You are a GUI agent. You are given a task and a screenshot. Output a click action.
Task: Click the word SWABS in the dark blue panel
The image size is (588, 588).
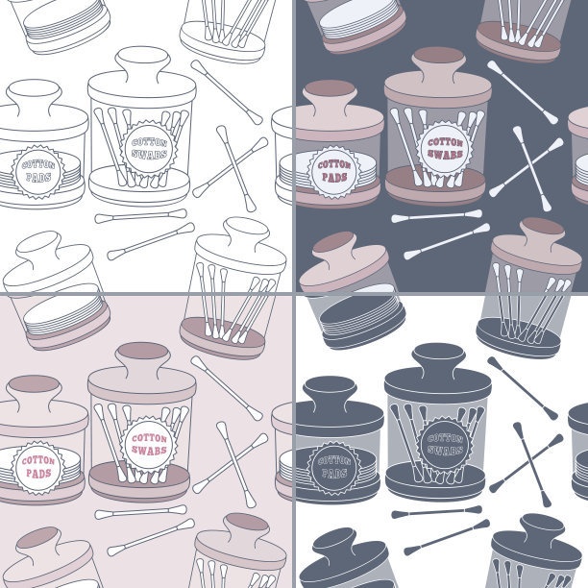point(445,154)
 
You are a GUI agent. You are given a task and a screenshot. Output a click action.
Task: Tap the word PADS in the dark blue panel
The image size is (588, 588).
point(334,177)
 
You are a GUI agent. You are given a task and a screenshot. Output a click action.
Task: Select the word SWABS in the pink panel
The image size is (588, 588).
point(149,450)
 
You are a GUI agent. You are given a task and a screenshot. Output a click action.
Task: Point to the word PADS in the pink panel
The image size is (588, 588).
point(38,474)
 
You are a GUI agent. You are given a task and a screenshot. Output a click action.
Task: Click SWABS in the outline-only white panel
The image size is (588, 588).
point(149,154)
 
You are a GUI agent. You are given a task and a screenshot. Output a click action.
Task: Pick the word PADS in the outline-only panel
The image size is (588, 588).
point(38,177)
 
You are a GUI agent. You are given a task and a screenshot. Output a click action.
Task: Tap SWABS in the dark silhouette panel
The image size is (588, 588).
point(445,450)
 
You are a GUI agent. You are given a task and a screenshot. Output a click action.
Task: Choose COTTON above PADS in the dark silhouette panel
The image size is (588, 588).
point(334,460)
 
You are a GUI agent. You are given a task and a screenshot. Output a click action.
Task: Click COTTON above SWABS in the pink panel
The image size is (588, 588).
point(149,438)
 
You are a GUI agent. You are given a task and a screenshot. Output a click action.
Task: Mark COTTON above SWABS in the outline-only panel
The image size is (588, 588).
point(149,142)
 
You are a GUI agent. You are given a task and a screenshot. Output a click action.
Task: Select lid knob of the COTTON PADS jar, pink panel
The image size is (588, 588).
point(35,392)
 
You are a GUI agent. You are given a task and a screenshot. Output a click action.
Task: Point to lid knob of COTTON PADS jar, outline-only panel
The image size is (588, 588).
point(35,96)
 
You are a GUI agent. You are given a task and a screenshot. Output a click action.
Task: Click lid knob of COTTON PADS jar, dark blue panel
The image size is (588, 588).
point(330,96)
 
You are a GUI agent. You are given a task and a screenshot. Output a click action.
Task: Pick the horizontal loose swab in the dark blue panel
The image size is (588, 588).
point(436,216)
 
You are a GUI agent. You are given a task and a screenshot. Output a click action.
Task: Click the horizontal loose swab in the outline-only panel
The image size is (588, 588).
point(140,216)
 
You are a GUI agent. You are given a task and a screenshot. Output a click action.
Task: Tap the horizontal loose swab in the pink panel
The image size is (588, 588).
point(140,512)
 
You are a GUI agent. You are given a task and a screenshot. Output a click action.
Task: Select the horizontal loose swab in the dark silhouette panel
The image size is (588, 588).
point(436,512)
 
